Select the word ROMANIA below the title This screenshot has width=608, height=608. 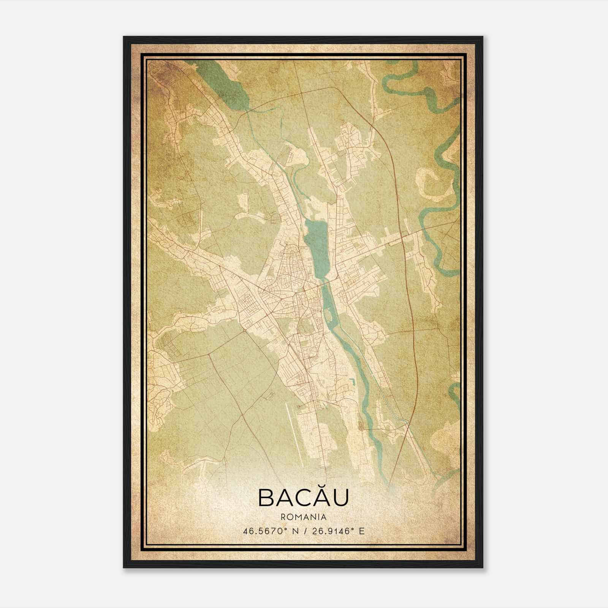pos(303,517)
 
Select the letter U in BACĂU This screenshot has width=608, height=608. pos(339,497)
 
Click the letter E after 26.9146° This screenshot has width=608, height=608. pos(362,531)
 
